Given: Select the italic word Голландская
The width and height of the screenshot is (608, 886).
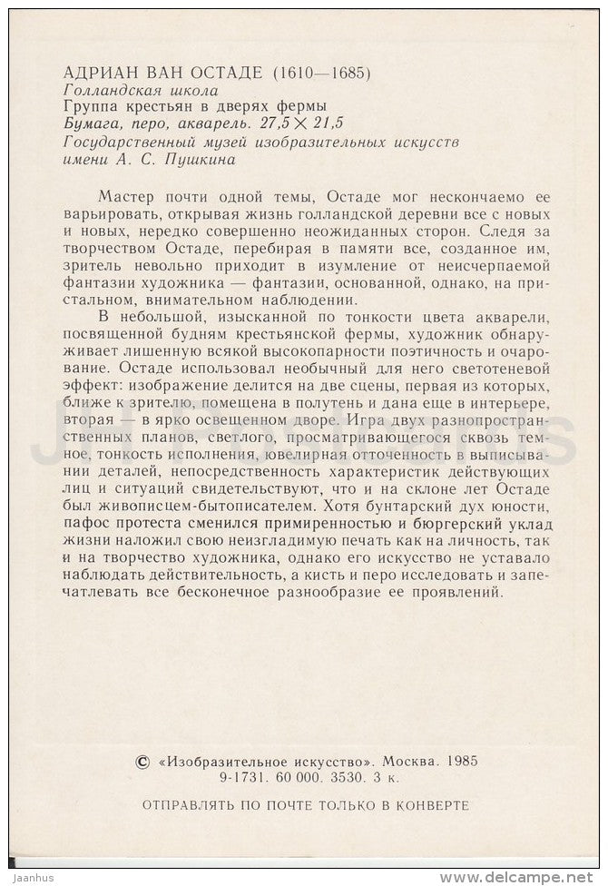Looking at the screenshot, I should (x=104, y=91).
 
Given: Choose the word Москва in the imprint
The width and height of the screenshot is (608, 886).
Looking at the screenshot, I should (x=411, y=763).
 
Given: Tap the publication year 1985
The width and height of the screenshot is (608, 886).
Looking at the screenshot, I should (x=465, y=763).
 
